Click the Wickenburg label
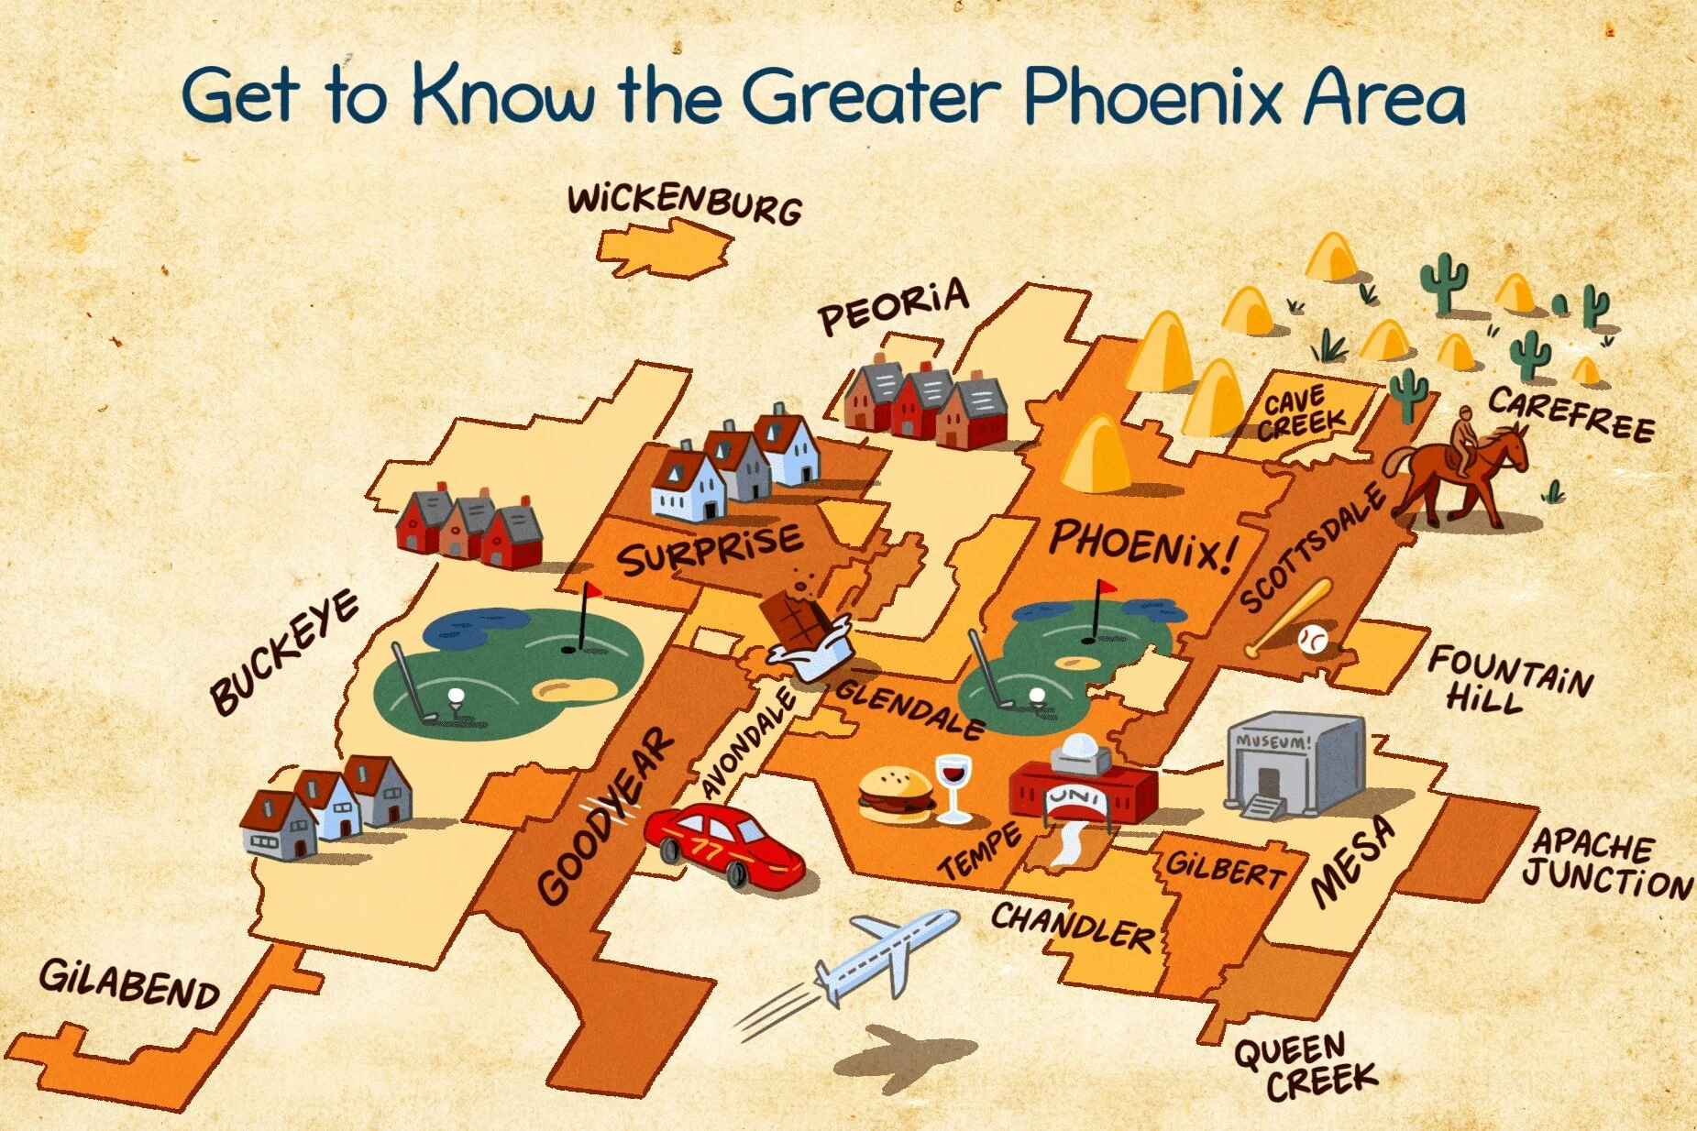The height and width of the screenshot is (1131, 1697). pos(684,203)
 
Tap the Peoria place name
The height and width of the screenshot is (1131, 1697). pos(893,306)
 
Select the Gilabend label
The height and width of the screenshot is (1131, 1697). pos(129,984)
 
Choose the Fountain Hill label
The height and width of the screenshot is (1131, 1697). pos(1509,678)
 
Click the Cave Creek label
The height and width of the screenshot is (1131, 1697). pos(1302,412)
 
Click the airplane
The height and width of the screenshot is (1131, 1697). pos(885,954)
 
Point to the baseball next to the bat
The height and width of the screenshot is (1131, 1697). pos(1313,639)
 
